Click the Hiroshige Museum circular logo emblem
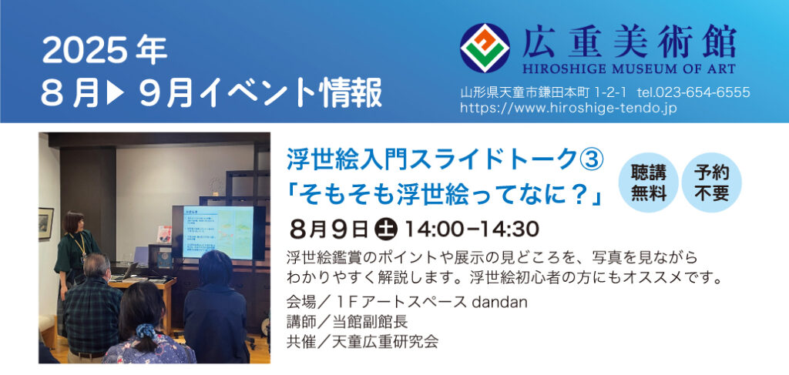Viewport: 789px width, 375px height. point(485,49)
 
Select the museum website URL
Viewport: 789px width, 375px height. point(569,108)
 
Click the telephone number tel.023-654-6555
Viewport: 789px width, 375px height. point(693,92)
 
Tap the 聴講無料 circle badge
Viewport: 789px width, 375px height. point(649,182)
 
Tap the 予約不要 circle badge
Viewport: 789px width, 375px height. point(711,182)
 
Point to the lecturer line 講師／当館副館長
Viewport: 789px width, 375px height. point(347,322)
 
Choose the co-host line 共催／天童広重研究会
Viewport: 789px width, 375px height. point(362,342)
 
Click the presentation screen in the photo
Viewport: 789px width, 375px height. point(218,233)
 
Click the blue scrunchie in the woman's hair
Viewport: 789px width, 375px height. point(146,330)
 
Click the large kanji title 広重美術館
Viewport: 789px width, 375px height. point(629,42)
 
